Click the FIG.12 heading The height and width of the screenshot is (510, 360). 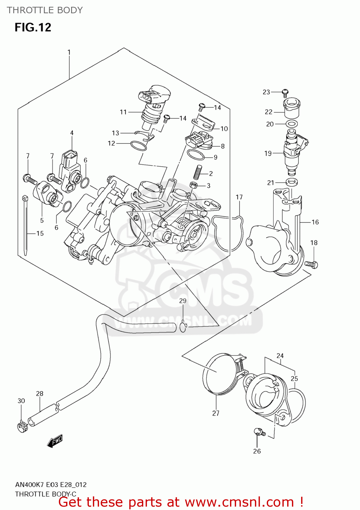tap(33, 27)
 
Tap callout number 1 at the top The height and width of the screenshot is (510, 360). tap(69, 52)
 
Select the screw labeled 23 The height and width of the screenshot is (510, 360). tap(285, 91)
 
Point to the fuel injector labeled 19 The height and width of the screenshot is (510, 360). tap(293, 150)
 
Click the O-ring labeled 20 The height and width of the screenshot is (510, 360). tap(292, 124)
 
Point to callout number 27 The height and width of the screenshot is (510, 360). tap(216, 413)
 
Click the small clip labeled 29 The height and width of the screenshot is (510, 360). tap(183, 327)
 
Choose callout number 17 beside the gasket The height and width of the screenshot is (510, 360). tap(239, 197)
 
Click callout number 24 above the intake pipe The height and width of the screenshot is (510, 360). tap(280, 356)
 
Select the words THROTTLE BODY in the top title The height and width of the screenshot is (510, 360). tap(45, 10)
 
